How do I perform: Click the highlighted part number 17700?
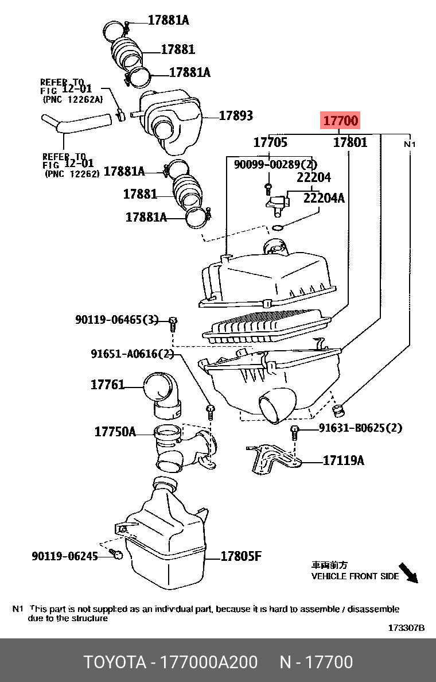[x=341, y=121]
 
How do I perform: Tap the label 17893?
[x=236, y=115]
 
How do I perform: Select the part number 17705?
[x=270, y=142]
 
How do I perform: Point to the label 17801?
[x=351, y=142]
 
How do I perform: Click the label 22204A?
[x=324, y=198]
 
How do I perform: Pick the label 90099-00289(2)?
[x=275, y=164]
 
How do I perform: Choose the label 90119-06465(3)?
[x=117, y=320]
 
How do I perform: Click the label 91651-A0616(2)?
[x=133, y=354]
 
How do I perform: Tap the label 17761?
[x=107, y=385]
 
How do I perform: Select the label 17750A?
[x=115, y=432]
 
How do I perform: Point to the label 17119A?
[x=344, y=460]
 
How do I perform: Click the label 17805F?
[x=242, y=556]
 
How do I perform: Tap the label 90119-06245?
[x=65, y=556]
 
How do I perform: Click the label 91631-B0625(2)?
[x=361, y=428]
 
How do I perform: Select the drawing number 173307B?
[x=406, y=628]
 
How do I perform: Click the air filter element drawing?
[x=266, y=325]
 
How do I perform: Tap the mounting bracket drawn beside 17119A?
[x=274, y=459]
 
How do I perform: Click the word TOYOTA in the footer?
[x=115, y=662]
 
